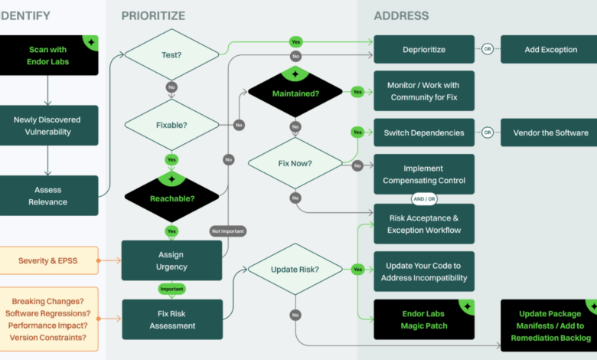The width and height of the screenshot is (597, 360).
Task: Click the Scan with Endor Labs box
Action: (49, 55)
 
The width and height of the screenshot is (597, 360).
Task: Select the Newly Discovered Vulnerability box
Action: (47, 126)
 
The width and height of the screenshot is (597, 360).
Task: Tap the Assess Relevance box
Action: (47, 195)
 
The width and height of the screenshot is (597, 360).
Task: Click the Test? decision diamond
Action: (171, 54)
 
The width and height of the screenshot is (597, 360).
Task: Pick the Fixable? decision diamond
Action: (171, 125)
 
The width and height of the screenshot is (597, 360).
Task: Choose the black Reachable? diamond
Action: (171, 198)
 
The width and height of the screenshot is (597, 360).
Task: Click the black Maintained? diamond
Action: (295, 93)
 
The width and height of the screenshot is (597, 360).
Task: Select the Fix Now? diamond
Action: (295, 163)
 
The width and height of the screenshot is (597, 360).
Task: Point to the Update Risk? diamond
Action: (295, 270)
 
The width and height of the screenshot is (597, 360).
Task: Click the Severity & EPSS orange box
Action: (48, 260)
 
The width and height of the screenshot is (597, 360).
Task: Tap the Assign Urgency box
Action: (171, 260)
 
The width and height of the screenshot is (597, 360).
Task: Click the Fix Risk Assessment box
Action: (171, 319)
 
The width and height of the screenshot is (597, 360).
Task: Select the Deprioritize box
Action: (423, 50)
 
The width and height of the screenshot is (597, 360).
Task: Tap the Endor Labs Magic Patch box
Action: (423, 319)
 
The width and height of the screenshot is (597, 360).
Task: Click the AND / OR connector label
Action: (423, 198)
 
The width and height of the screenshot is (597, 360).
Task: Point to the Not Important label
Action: (228, 231)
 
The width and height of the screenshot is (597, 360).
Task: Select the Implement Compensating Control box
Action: (423, 175)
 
